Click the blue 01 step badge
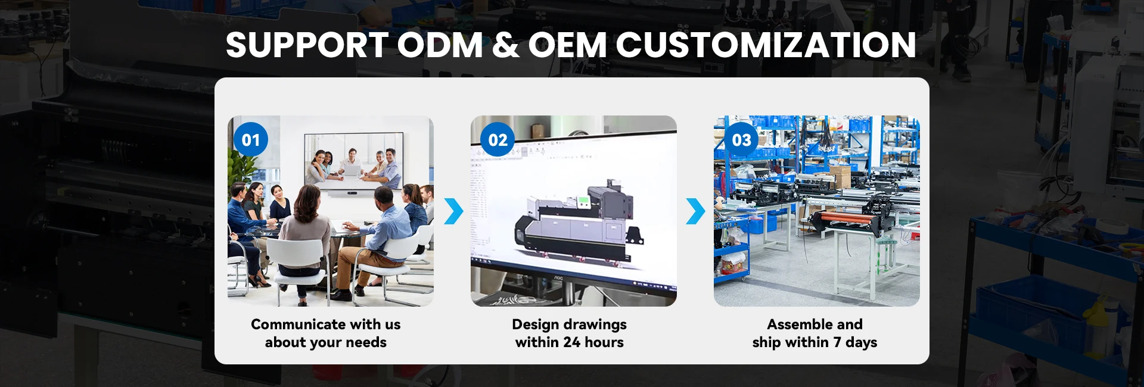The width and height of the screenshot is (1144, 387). coord(251,139)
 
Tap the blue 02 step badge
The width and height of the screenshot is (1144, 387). coord(498,139)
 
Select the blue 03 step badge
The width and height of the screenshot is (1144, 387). coord(741,139)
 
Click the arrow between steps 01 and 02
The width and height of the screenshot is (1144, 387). coord(454,211)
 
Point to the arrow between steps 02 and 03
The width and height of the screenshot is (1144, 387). coord(696,211)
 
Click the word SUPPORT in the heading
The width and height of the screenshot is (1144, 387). coord(307,45)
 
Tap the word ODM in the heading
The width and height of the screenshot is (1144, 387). coord(440,45)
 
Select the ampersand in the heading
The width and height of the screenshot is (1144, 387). coord(506,45)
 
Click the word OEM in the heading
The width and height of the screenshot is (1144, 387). coord(567,45)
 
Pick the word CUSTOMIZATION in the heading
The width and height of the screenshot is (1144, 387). coord(766,45)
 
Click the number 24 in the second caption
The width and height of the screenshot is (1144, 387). coord(572,342)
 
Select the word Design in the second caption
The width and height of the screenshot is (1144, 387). coord(535,325)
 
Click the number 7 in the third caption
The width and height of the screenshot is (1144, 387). coord(837,342)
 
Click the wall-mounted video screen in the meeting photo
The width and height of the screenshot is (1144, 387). coord(354,160)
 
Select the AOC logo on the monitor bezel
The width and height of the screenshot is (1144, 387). coord(559,277)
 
